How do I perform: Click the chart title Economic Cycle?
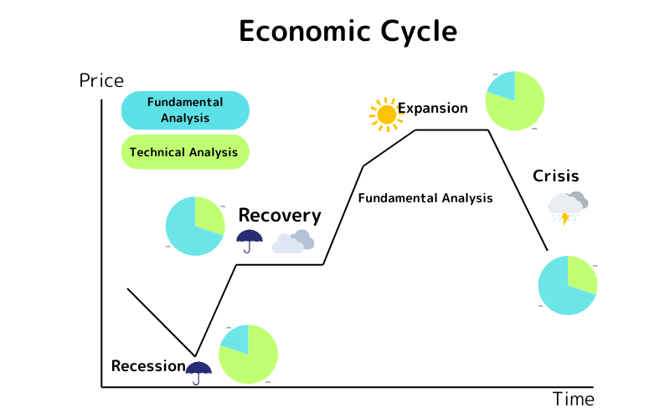coord(348,31)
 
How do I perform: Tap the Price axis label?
coord(101,81)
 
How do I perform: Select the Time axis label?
coord(573,399)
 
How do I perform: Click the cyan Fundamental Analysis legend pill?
coord(185,110)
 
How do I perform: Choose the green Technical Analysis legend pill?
coord(185,152)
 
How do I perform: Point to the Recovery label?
coord(280,216)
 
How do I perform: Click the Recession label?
coord(147,366)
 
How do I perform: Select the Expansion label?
coord(432,109)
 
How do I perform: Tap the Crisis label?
coord(556,176)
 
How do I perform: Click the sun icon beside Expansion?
coord(386,114)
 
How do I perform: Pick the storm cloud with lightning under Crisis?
coord(568,207)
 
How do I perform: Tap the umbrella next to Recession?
coord(198,371)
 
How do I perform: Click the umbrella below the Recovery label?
coord(250,241)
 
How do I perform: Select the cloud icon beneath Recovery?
coord(293,242)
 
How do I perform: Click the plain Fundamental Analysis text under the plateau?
coord(425,199)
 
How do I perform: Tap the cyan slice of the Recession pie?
coord(237,339)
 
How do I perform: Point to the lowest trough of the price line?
coord(195,355)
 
